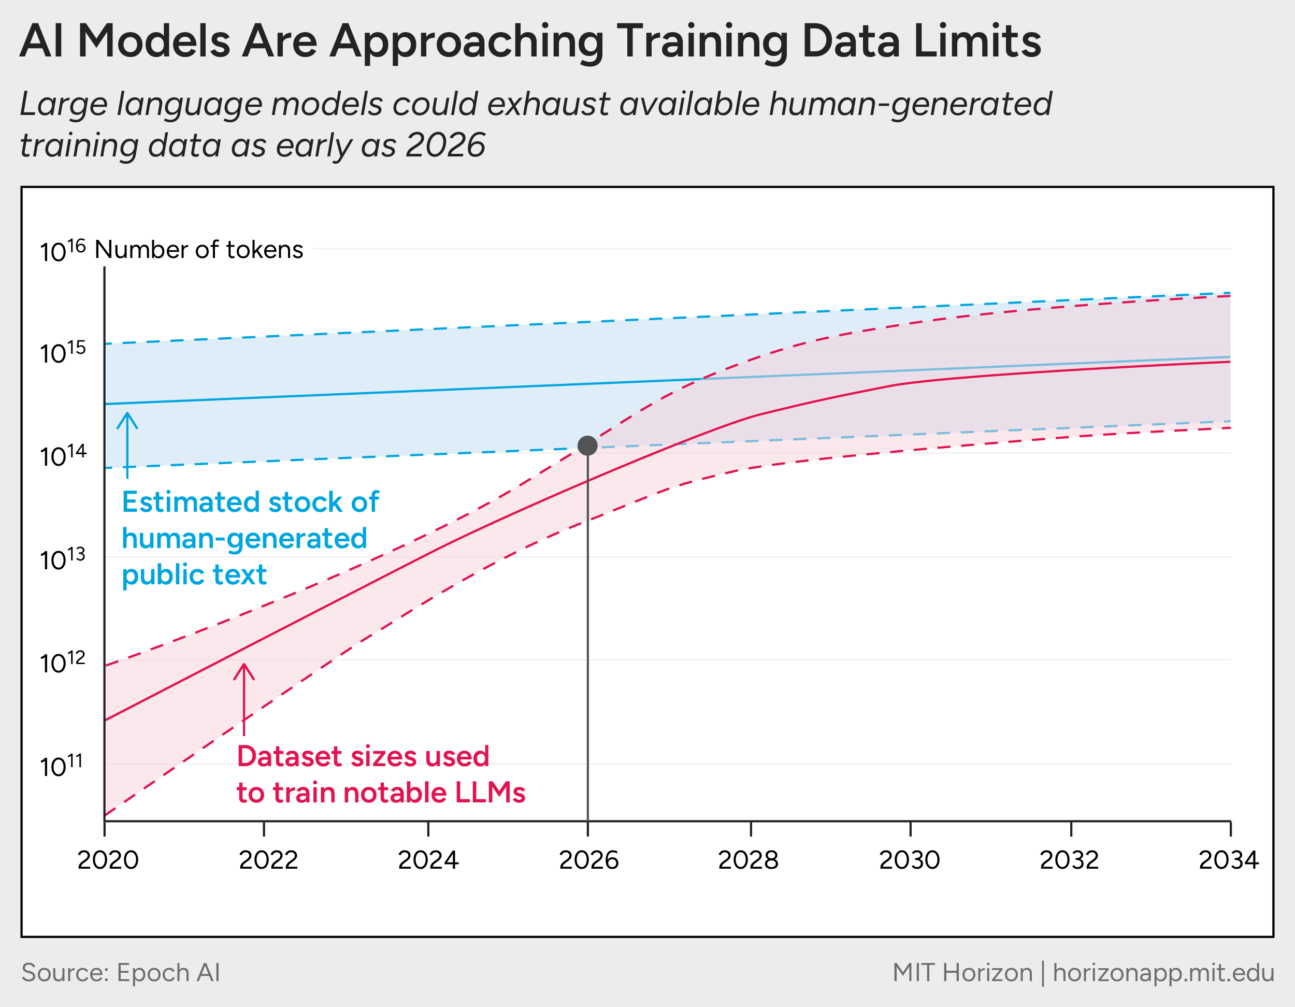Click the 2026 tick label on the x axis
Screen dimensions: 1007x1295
pos(588,860)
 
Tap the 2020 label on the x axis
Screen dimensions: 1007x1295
pos(108,860)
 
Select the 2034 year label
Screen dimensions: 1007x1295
pos(1228,860)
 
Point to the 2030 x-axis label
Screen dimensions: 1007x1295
pos(909,860)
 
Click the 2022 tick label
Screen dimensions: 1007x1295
pos(268,860)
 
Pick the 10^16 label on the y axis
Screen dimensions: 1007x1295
pos(62,251)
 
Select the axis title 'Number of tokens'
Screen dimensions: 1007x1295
pos(198,250)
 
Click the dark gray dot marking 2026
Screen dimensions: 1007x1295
pos(587,445)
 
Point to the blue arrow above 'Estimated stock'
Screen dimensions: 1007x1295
pos(127,444)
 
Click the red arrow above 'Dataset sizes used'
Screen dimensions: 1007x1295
pos(243,698)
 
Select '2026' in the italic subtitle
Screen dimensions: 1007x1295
pos(445,145)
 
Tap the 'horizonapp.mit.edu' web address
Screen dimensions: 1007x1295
pos(1163,973)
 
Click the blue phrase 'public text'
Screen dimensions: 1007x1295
pos(194,574)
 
